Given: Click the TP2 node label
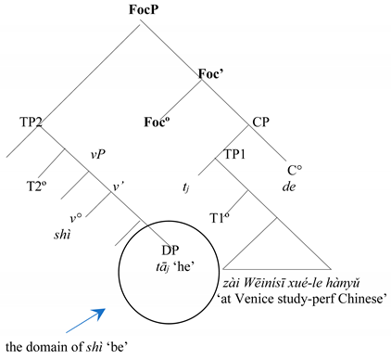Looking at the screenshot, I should tap(32, 122).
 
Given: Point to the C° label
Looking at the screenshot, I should tap(296, 171).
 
